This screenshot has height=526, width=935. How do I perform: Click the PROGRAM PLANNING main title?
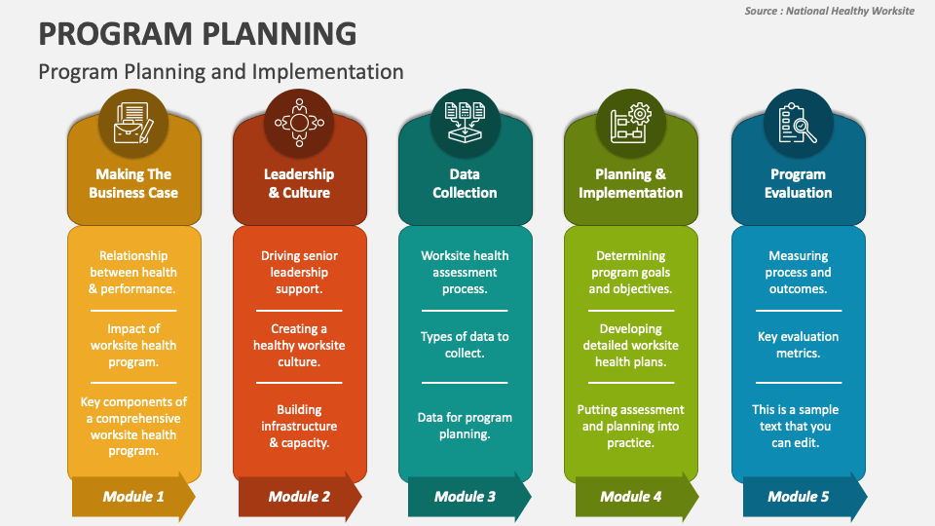(x=198, y=34)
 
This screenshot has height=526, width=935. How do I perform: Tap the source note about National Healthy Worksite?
(x=829, y=11)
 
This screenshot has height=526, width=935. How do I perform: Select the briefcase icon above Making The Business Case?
(x=133, y=123)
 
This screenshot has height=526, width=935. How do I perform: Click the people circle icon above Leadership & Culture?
(x=299, y=123)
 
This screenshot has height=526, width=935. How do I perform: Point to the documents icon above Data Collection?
(x=466, y=123)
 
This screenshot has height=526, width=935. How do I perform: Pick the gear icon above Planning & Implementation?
(x=630, y=123)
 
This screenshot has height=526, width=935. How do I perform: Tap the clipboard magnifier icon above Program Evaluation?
(x=798, y=123)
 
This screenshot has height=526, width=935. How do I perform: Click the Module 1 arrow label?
(x=133, y=496)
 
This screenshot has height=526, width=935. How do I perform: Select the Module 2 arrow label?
(x=299, y=496)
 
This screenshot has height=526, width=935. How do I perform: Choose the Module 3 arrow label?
(x=466, y=496)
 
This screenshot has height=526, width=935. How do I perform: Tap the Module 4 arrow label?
(x=631, y=496)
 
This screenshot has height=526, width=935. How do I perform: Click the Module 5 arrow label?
(x=799, y=496)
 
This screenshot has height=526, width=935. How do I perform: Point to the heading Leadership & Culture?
(x=299, y=183)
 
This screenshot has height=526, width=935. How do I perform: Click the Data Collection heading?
(x=466, y=183)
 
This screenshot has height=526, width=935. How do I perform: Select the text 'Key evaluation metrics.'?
(x=799, y=345)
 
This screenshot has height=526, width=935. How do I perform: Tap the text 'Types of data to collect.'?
(x=466, y=345)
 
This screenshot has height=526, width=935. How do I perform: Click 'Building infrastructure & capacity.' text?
(x=299, y=426)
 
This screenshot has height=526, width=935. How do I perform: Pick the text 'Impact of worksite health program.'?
(x=133, y=345)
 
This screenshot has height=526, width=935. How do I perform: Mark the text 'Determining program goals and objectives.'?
(x=631, y=272)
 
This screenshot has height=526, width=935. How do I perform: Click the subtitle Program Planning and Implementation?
(x=221, y=72)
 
